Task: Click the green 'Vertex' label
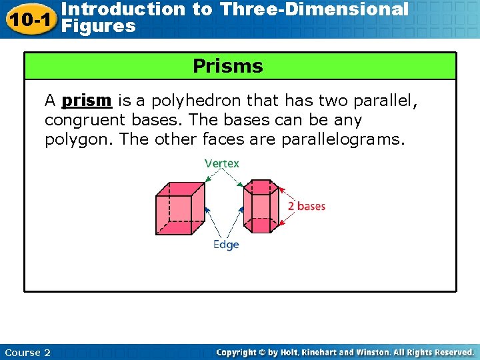click(x=222, y=163)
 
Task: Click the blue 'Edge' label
click(x=225, y=245)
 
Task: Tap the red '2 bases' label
click(x=307, y=206)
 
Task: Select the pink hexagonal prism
click(x=259, y=207)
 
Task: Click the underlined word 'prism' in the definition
click(x=86, y=101)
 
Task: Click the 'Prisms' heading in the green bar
click(x=227, y=67)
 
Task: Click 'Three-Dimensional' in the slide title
click(x=314, y=9)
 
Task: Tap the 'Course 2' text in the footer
click(x=27, y=352)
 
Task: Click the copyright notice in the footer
click(x=345, y=352)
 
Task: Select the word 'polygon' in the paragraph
click(x=71, y=140)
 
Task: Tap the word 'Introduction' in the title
click(x=122, y=9)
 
